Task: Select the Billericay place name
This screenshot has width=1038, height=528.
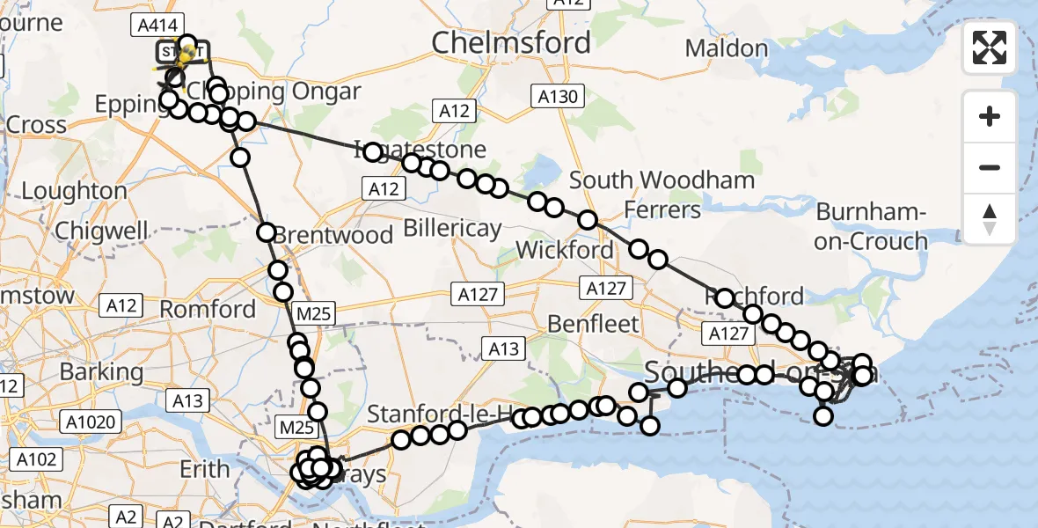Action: (x=452, y=228)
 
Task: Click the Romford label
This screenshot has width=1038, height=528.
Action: (x=208, y=309)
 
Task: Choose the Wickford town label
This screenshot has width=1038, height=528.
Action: (x=565, y=249)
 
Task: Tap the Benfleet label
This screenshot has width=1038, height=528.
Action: (x=594, y=323)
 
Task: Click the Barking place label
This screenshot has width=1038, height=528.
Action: (x=101, y=370)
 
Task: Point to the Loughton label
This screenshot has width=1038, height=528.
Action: (x=74, y=191)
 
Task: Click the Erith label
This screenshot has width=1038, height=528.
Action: (x=205, y=469)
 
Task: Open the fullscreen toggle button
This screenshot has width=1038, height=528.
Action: (x=990, y=48)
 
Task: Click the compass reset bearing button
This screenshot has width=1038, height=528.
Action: (x=990, y=219)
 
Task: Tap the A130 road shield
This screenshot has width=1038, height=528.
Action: (x=559, y=96)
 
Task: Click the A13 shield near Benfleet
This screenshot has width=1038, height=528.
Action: (x=504, y=349)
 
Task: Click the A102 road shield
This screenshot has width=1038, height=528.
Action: (x=36, y=458)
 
